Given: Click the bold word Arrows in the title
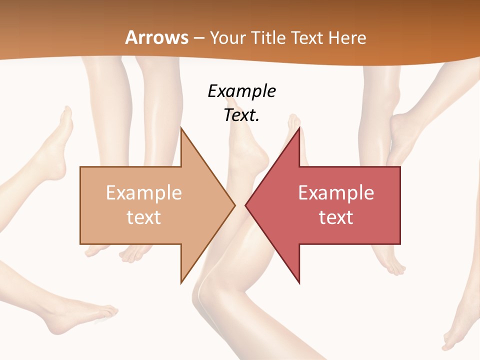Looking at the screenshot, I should point(156,37).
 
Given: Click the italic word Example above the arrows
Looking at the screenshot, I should point(242,91).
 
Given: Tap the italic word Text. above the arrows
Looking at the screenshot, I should point(242,115).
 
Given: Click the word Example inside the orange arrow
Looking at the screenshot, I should point(144,193).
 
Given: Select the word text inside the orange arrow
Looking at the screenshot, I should point(144,217).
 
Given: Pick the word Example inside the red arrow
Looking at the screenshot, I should point(336,193).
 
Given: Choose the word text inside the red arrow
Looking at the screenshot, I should point(336,217).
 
